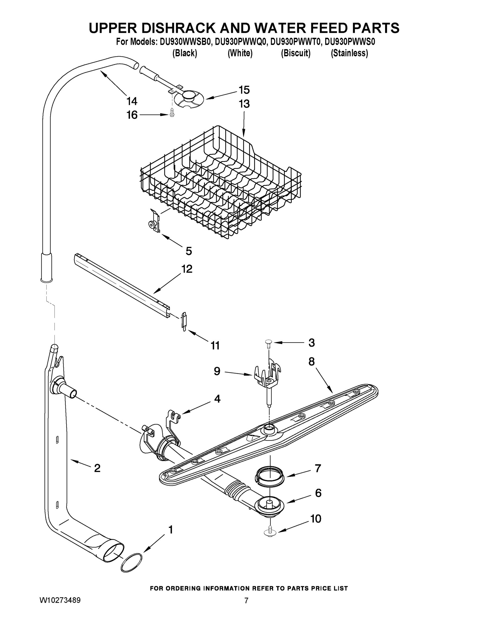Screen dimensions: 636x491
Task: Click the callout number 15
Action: click(x=244, y=90)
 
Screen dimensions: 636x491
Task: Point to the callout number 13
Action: click(x=244, y=104)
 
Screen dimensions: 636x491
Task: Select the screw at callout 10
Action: click(x=270, y=532)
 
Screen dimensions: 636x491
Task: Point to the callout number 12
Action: click(x=187, y=269)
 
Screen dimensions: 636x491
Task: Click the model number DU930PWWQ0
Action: click(x=241, y=42)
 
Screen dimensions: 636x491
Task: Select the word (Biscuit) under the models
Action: click(x=296, y=53)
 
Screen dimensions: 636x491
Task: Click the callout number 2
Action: click(x=97, y=468)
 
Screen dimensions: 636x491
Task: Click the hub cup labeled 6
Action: click(x=269, y=505)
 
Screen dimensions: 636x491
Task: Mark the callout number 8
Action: click(x=312, y=361)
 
